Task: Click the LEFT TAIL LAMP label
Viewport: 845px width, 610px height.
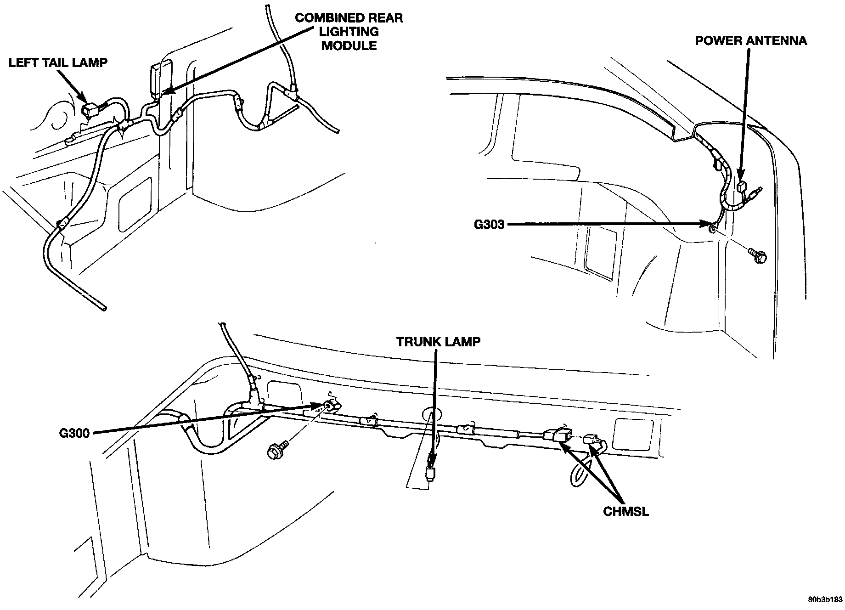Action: tap(58, 62)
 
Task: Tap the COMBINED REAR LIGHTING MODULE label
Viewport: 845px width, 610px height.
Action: tap(349, 32)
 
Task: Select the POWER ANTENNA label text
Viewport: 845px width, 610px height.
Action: tap(750, 40)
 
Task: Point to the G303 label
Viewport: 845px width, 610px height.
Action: tap(490, 225)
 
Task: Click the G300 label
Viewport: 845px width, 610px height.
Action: tap(74, 433)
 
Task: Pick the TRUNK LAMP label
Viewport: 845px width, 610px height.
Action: tap(439, 342)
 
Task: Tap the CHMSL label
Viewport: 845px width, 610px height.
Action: tap(626, 511)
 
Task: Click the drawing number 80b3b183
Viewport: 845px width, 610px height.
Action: tap(825, 600)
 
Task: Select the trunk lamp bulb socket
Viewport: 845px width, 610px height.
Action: tap(430, 473)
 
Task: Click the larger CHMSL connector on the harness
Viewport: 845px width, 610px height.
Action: tap(557, 435)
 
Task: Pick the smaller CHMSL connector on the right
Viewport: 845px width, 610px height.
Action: tap(591, 441)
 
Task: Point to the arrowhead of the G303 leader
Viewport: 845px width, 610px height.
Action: tap(707, 224)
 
